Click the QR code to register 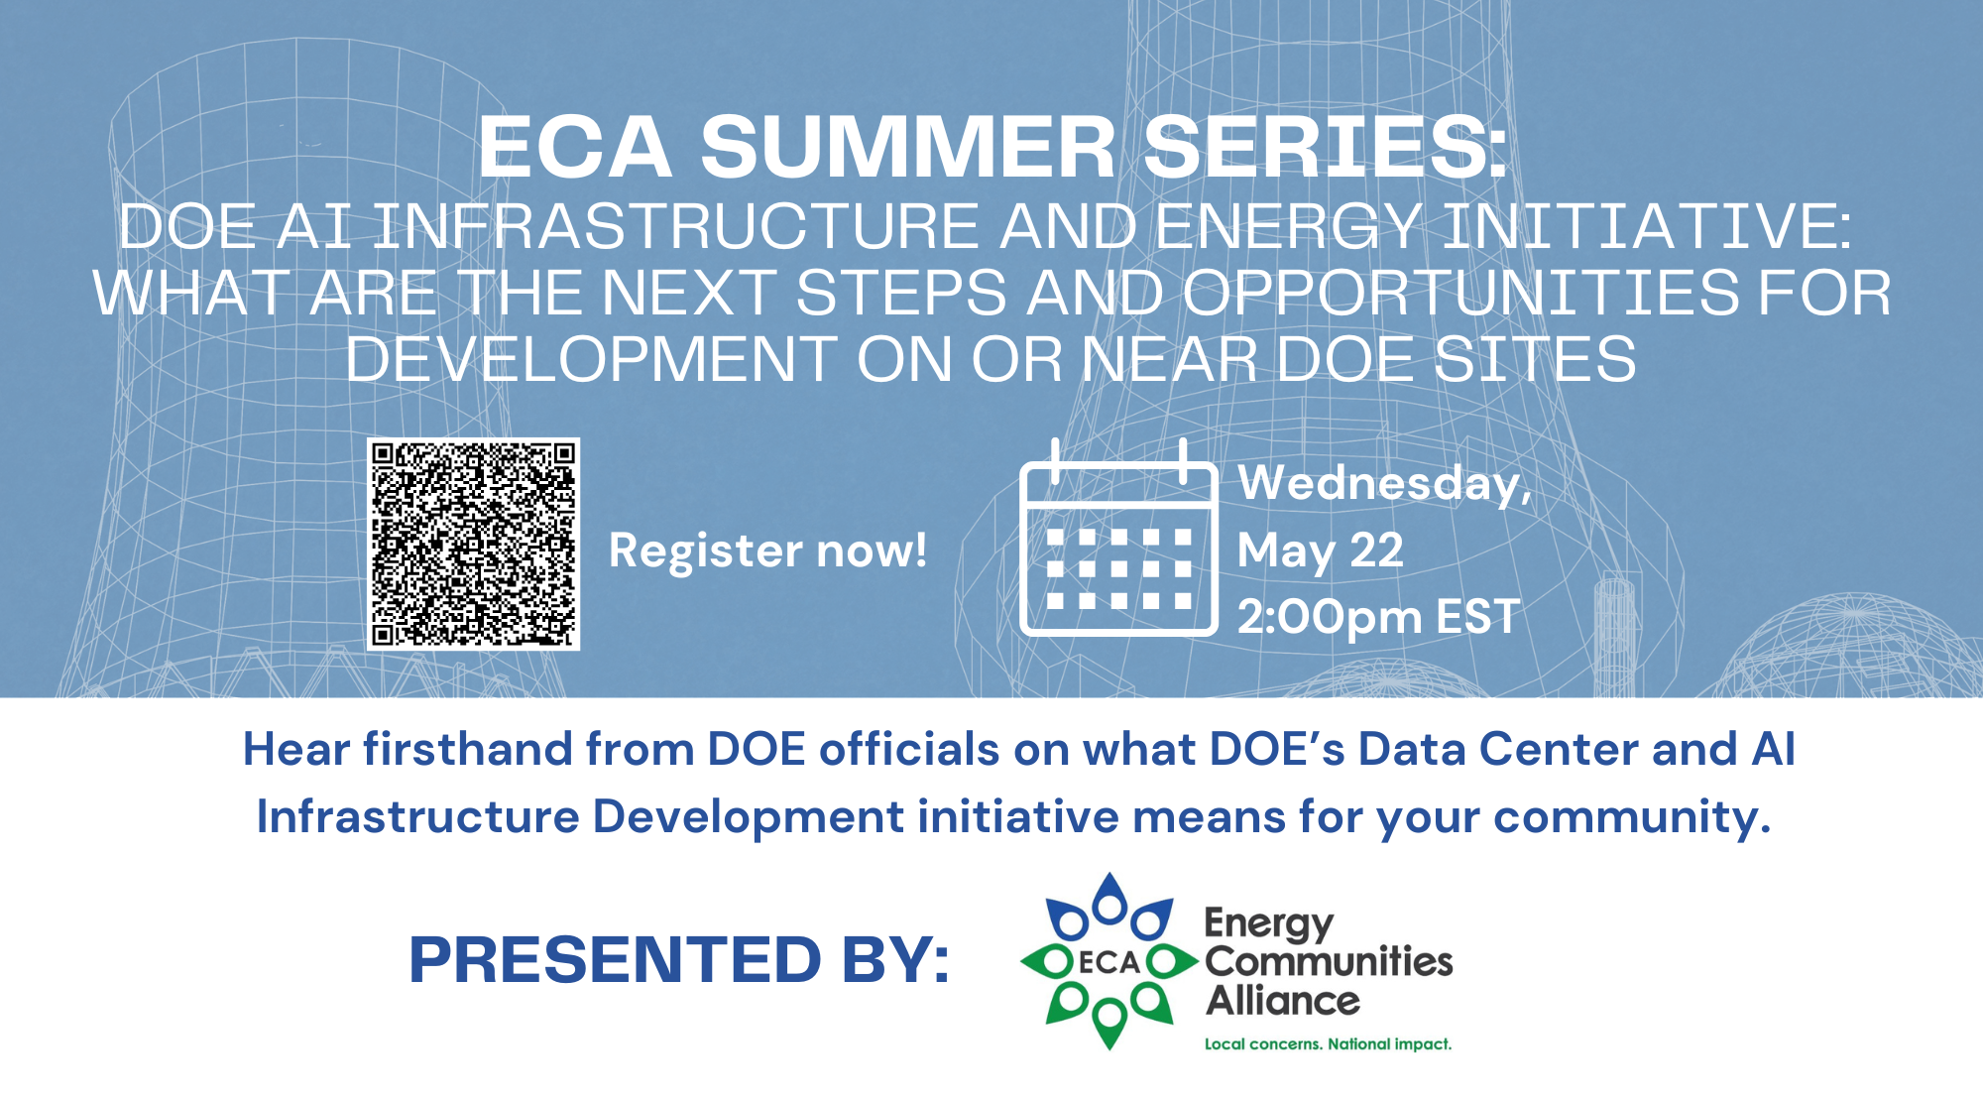[x=473, y=545]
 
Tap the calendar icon [x=1118, y=537]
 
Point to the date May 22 [x=1321, y=551]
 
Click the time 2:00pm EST [x=1378, y=617]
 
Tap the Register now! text [x=768, y=551]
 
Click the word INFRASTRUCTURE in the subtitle [x=677, y=226]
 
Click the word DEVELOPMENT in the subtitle [x=592, y=359]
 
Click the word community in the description [x=1632, y=817]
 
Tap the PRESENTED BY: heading [x=679, y=960]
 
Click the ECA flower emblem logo [x=1109, y=961]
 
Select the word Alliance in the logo [x=1283, y=1000]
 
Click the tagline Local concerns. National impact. [x=1328, y=1043]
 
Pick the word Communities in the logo [x=1329, y=960]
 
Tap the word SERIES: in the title [x=1326, y=147]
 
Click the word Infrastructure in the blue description [x=417, y=816]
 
